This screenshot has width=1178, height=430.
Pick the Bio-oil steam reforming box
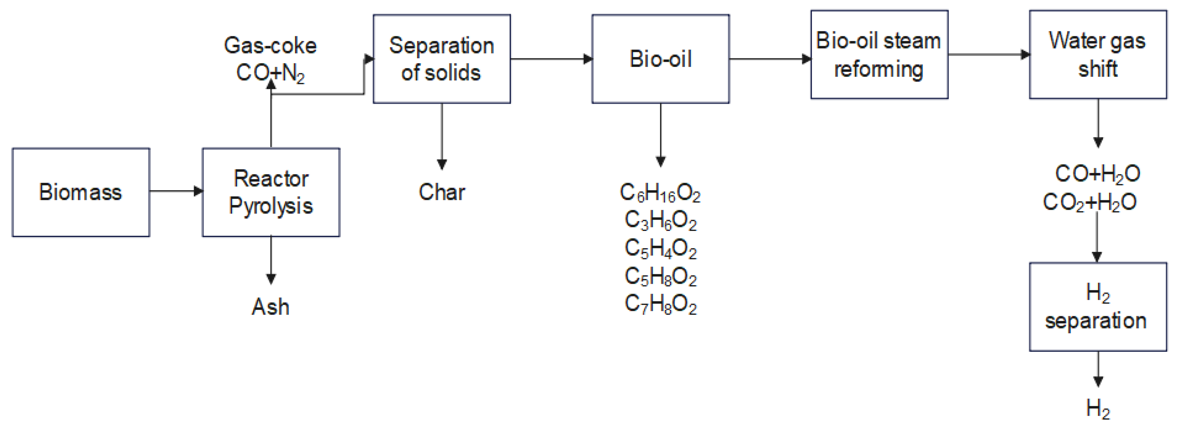pos(879,54)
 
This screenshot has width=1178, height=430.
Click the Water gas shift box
pos(1098,54)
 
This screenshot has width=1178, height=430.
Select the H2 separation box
pos(1098,307)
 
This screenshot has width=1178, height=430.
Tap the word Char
pos(442,192)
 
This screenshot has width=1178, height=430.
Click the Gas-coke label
pos(270,45)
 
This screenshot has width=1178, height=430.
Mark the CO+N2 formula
pos(270,73)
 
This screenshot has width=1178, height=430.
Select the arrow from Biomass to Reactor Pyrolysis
pos(176,191)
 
